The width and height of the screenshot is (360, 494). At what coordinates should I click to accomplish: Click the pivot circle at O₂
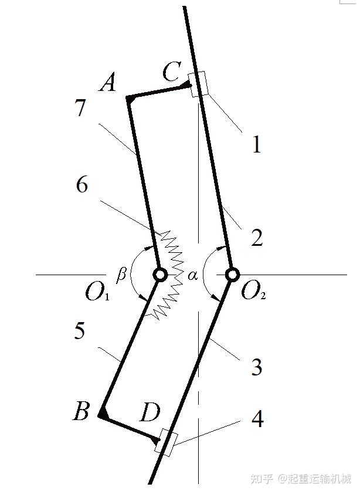pos(232,274)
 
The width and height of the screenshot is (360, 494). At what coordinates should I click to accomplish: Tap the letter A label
pos(107,84)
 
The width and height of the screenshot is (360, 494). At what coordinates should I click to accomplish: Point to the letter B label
pos(81,412)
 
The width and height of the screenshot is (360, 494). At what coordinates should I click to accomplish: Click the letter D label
pos(150,414)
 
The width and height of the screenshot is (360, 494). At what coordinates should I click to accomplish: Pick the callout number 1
pos(256,144)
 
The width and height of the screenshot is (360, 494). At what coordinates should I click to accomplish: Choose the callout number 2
pos(257,238)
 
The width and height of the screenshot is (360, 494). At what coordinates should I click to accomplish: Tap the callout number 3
pos(256,368)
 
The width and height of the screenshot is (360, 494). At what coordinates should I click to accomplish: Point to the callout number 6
pos(82,185)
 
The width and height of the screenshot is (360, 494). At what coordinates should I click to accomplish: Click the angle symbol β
pos(121,274)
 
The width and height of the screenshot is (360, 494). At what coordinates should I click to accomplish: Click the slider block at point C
pos(199,84)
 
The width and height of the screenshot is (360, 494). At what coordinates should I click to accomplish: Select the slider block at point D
pos(166,443)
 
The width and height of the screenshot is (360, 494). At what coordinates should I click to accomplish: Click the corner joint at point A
pos(129,98)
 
